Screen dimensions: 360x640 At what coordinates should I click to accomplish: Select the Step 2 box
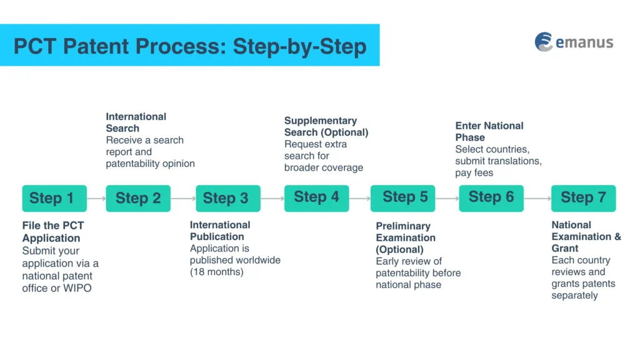[x=138, y=199]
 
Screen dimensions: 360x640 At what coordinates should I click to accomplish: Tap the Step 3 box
[x=226, y=199]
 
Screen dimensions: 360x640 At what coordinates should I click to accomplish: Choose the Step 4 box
[x=316, y=197]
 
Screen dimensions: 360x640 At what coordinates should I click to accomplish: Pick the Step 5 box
[x=402, y=198]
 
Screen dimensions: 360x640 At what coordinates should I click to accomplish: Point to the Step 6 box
[x=491, y=197]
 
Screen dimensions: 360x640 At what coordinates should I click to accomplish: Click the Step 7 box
[x=583, y=198]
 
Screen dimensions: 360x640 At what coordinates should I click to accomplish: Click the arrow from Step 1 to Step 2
[x=96, y=199]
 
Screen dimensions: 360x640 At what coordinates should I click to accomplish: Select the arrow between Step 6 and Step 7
[x=537, y=199]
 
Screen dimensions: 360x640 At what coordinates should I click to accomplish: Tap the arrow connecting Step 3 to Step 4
[x=272, y=199]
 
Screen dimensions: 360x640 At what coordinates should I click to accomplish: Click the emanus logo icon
[x=544, y=42]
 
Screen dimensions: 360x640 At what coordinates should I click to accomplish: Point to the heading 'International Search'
[x=136, y=122]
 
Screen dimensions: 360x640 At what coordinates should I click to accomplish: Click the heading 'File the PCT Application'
[x=52, y=232]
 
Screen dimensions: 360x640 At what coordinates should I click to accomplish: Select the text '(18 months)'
[x=216, y=272]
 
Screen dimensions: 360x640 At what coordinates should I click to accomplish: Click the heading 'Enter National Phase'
[x=489, y=132]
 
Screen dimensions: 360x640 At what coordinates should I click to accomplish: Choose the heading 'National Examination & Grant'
[x=586, y=236]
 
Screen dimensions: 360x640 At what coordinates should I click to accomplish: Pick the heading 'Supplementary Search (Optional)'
[x=326, y=126]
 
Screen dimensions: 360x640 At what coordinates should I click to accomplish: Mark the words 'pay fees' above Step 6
[x=474, y=172]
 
